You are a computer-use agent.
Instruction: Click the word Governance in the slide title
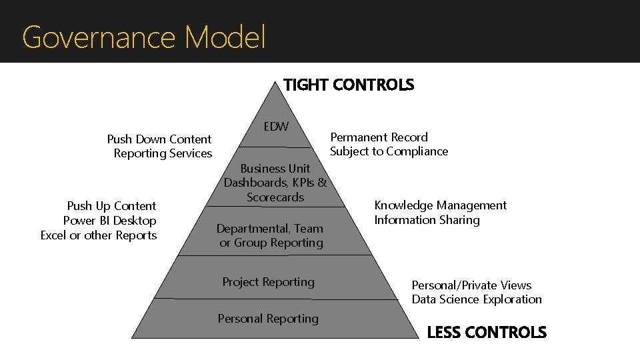[100, 37]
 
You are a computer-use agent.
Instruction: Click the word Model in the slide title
[226, 37]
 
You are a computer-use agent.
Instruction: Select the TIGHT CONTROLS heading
[349, 85]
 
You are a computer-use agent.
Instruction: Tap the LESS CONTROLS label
[487, 332]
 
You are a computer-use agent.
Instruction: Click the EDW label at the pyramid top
[276, 126]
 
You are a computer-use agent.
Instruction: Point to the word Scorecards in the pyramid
[275, 197]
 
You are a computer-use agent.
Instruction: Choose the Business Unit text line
[275, 169]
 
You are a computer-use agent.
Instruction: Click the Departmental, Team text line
[269, 229]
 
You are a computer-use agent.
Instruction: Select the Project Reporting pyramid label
[268, 282]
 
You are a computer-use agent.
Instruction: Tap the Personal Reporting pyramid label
[268, 319]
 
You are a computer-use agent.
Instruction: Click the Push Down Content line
[159, 139]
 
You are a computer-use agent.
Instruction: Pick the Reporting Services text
[163, 153]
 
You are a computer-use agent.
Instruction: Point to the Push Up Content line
[111, 206]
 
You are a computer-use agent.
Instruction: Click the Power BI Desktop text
[109, 221]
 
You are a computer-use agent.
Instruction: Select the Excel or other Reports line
[99, 235]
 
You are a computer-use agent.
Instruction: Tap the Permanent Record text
[379, 137]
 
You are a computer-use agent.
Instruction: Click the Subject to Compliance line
[389, 151]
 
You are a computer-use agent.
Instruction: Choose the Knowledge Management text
[441, 205]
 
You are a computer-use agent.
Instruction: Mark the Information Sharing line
[427, 220]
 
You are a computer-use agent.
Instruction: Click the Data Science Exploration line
[477, 299]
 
